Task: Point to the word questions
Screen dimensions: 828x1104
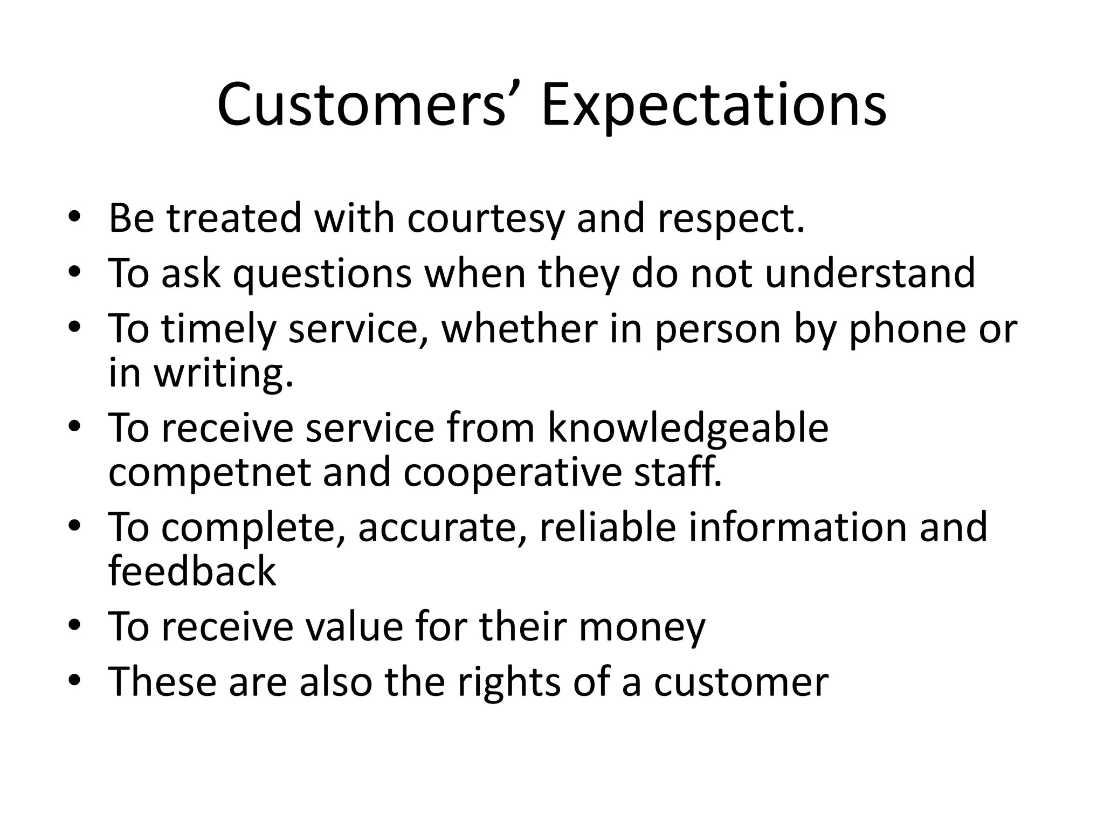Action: coord(322,274)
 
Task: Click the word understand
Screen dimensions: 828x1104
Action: coord(870,273)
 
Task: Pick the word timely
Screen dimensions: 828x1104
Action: coord(218,329)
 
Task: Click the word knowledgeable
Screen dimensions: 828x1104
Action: coord(688,429)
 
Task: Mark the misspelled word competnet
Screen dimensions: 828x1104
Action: coord(210,473)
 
